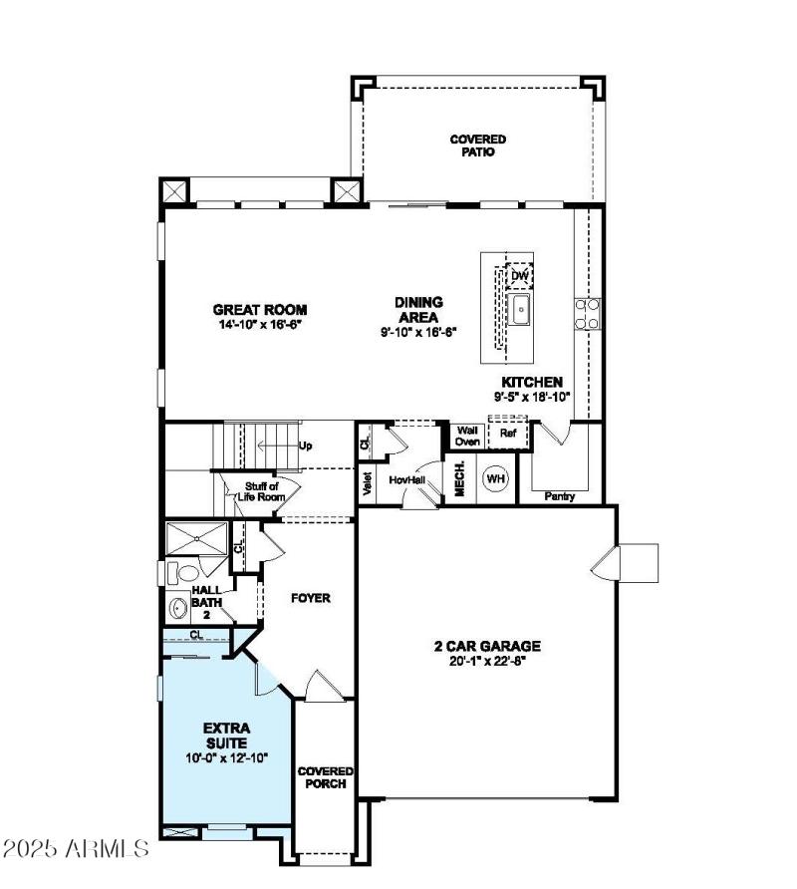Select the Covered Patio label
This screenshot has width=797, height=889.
click(x=478, y=146)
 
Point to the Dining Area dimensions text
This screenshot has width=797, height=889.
click(x=418, y=331)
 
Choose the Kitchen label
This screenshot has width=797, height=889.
click(x=532, y=382)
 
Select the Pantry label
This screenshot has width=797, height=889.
click(x=560, y=495)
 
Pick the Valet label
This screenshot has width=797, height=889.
click(x=368, y=484)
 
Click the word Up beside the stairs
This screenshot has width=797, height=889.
click(x=306, y=444)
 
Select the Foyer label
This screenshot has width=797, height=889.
click(x=310, y=598)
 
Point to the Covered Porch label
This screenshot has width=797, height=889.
click(x=326, y=777)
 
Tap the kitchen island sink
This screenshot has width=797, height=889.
click(x=520, y=309)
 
